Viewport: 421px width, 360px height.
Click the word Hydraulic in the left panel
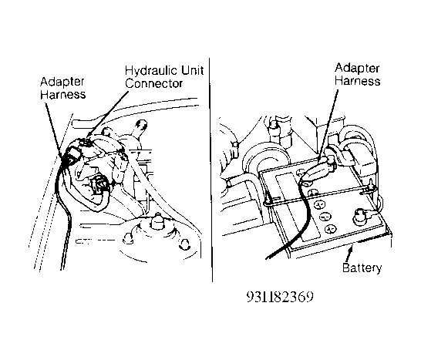pos(151,71)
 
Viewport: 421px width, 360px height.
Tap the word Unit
pos(192,70)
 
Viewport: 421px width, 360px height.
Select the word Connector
pos(154,83)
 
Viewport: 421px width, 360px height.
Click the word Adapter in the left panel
pos(62,82)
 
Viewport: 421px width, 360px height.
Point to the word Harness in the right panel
pos(357,81)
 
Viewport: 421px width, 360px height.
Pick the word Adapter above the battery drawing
pos(357,69)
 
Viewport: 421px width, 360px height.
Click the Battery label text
pos(362,267)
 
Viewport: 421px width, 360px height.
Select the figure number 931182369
pos(280,297)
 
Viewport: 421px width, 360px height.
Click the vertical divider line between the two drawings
pos(210,170)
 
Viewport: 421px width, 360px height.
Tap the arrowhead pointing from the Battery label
pos(350,249)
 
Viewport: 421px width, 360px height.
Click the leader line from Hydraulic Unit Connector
pos(108,113)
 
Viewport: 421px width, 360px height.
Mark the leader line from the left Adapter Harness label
pos(54,130)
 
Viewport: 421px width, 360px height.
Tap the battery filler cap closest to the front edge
pos(330,228)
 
